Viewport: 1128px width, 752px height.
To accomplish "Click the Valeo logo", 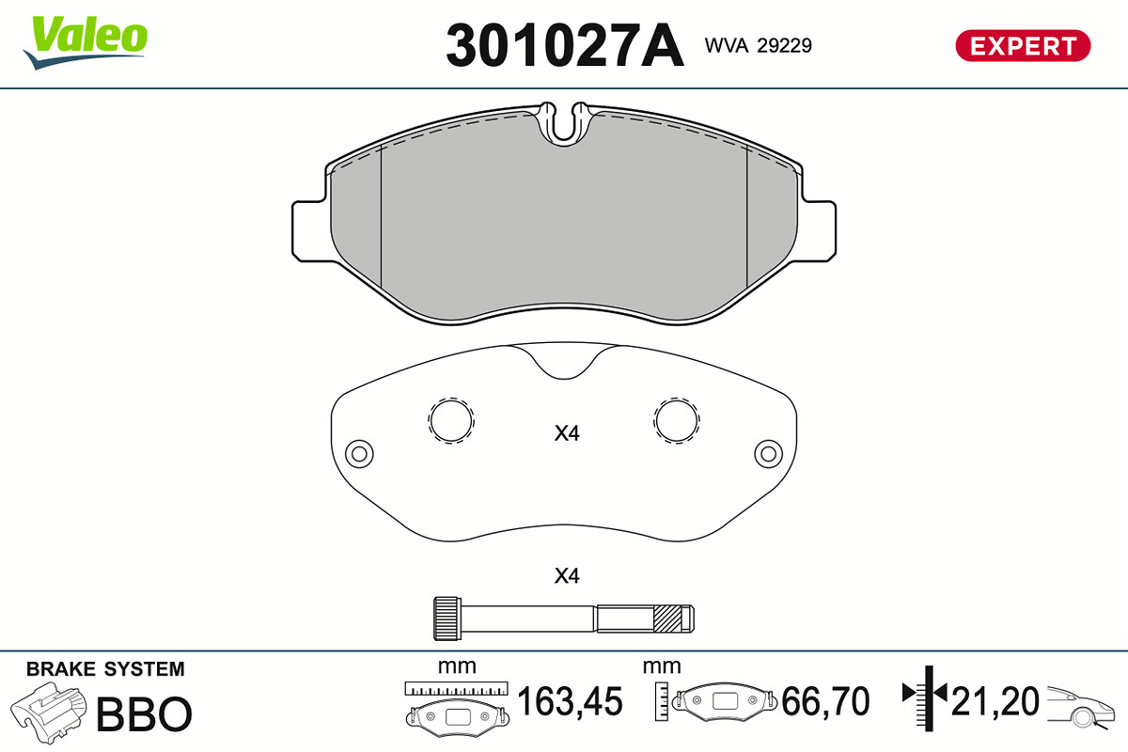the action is [86, 42].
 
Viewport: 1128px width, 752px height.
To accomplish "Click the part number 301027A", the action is [565, 45].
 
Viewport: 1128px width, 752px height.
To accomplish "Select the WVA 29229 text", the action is [758, 46].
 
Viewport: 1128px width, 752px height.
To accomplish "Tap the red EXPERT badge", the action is [1023, 46].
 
